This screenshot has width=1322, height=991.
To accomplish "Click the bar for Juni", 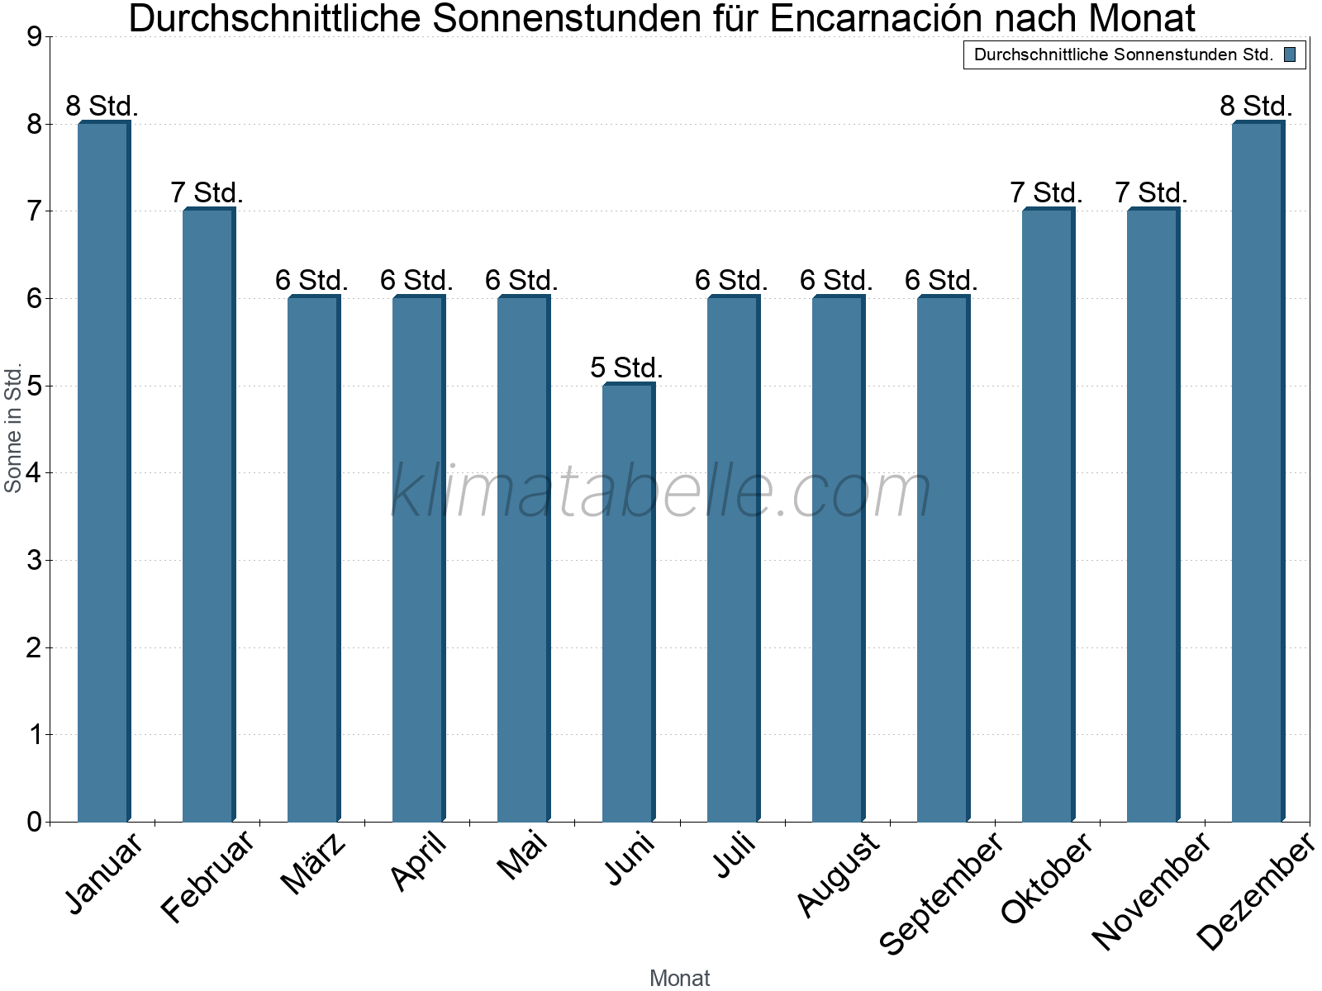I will click(628, 603).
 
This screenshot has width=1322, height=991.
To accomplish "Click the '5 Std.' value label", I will click(626, 367).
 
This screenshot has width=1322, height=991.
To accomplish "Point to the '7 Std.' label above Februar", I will click(207, 192).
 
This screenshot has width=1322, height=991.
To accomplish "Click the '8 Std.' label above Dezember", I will click(1256, 106).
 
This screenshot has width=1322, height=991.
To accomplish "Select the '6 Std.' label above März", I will click(311, 280).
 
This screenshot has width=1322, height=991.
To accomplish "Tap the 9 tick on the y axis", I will click(34, 37).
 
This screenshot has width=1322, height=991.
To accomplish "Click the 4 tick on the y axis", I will click(34, 473).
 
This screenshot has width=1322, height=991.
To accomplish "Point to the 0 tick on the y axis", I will click(34, 822).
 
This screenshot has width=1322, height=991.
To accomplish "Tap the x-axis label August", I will click(839, 875).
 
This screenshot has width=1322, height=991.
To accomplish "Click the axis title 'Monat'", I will click(679, 978).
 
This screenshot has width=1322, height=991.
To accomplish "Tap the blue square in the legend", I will click(1290, 55).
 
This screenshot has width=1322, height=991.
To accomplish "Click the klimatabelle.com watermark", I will click(661, 491).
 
